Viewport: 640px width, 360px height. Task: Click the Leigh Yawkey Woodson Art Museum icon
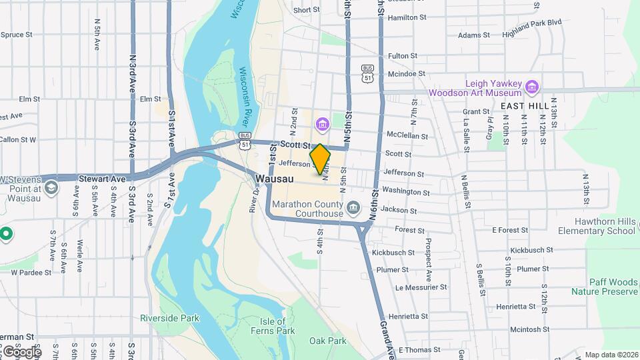[x=532, y=87]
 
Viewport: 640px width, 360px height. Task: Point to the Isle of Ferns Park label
[x=277, y=326]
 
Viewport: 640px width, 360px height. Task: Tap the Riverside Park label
[x=169, y=318]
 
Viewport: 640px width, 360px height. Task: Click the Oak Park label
[x=328, y=341]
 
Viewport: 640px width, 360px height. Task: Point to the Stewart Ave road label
[x=102, y=179]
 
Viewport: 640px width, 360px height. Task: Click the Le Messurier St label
[x=421, y=287]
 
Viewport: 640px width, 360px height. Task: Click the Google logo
[x=21, y=351]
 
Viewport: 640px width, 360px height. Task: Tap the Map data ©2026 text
[x=611, y=355]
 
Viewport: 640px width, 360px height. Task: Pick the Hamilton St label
[x=407, y=17]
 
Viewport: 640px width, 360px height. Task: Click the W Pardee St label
[x=31, y=272]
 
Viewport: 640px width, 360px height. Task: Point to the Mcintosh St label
[x=529, y=329]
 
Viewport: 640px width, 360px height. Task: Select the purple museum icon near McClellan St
[x=323, y=124]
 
